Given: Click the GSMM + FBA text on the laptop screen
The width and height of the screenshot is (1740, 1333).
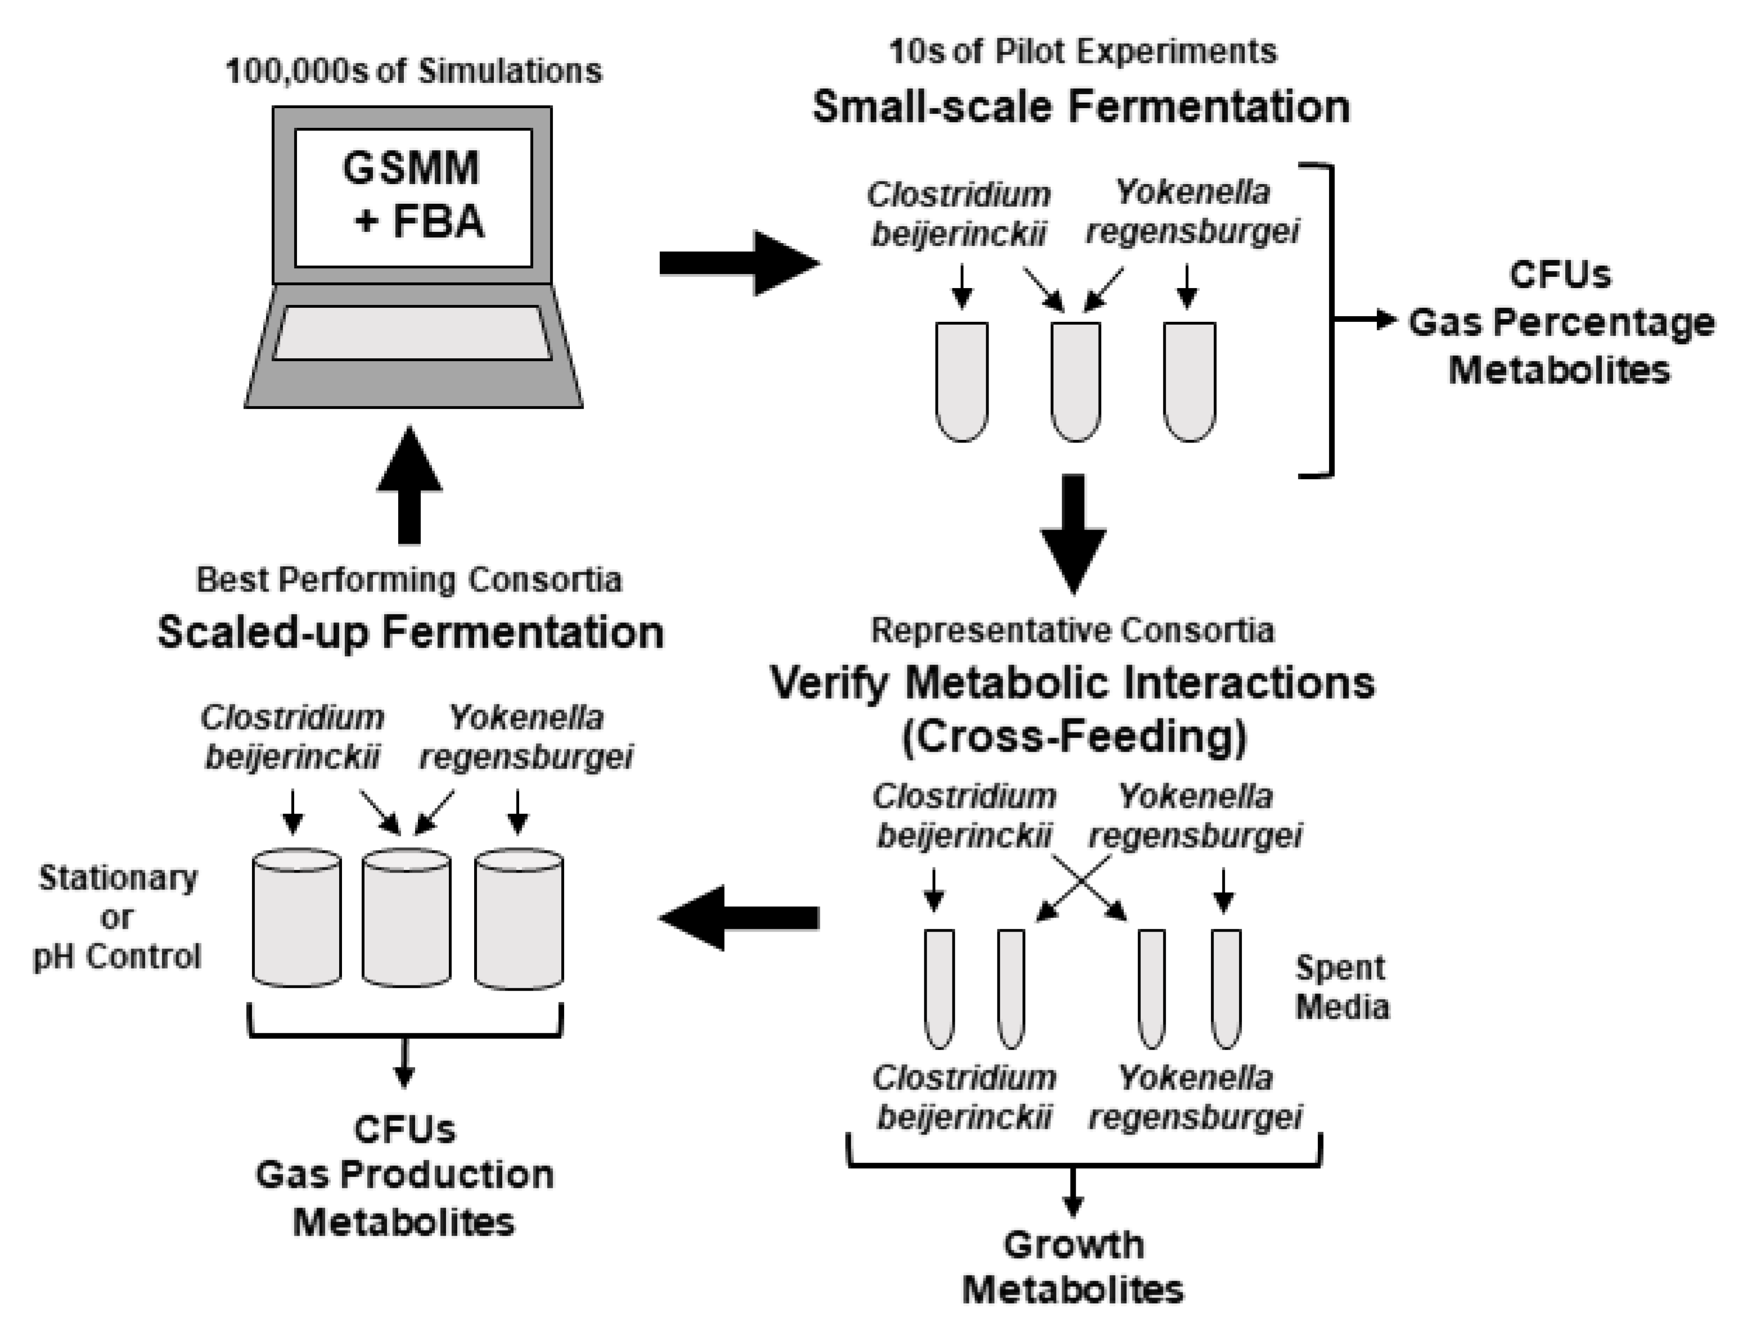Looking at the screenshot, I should (413, 194).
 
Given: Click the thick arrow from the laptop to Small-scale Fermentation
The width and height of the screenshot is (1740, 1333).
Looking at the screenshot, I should (738, 263).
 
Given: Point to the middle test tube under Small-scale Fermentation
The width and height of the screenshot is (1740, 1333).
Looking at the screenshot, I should (1076, 381).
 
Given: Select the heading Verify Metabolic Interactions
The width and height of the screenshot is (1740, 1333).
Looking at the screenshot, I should (1073, 682).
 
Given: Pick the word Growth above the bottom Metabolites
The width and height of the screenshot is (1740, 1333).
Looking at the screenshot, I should (1073, 1244).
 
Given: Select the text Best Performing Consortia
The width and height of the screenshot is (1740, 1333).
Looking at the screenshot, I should (409, 580).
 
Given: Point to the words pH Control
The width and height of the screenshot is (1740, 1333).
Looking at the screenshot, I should (117, 957).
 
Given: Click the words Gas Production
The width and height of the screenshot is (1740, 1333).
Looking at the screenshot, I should (405, 1174).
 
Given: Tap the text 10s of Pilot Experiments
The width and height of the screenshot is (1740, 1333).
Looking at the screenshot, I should (1082, 52).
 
